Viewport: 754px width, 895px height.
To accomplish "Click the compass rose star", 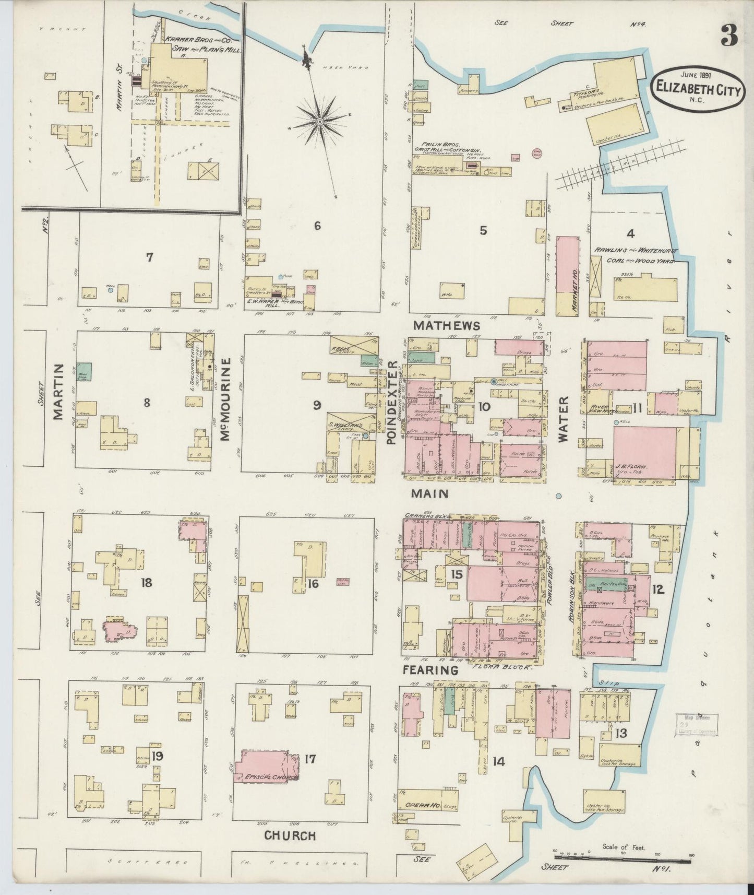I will click(x=319, y=121).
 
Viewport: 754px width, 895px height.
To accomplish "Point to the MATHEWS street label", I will click(x=447, y=325).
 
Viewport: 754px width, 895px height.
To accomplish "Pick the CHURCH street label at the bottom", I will click(x=290, y=835).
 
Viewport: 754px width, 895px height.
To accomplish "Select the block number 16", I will click(x=313, y=583).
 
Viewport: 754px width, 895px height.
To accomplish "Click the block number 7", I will click(x=150, y=257).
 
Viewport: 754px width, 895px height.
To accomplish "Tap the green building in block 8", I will click(x=85, y=371).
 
